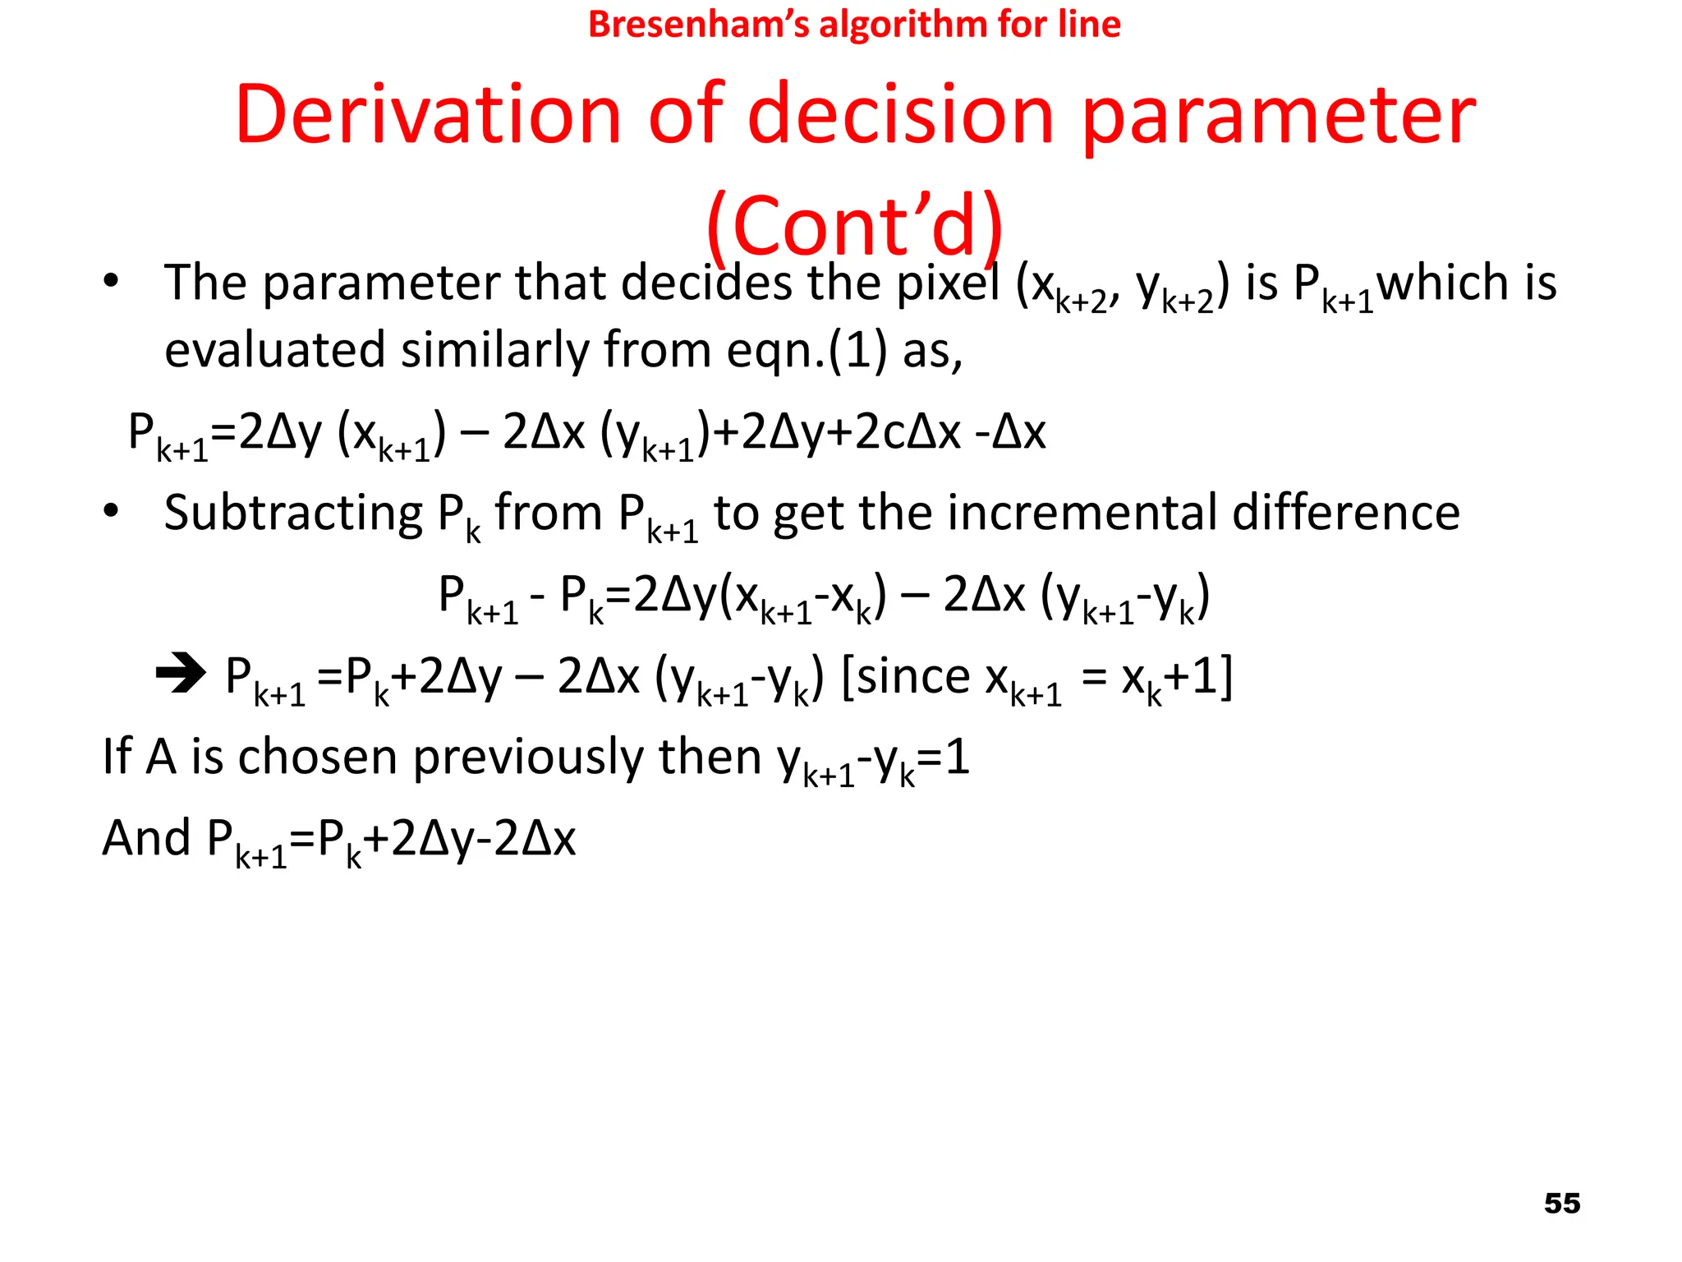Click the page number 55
pyautogui.click(x=1561, y=1203)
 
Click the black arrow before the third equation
pyautogui.click(x=181, y=674)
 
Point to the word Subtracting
pyautogui.click(x=293, y=514)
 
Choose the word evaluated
pyautogui.click(x=274, y=350)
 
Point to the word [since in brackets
pyautogui.click(x=906, y=677)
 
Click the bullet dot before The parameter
pyautogui.click(x=111, y=281)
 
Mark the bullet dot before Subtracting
pyautogui.click(x=111, y=511)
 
